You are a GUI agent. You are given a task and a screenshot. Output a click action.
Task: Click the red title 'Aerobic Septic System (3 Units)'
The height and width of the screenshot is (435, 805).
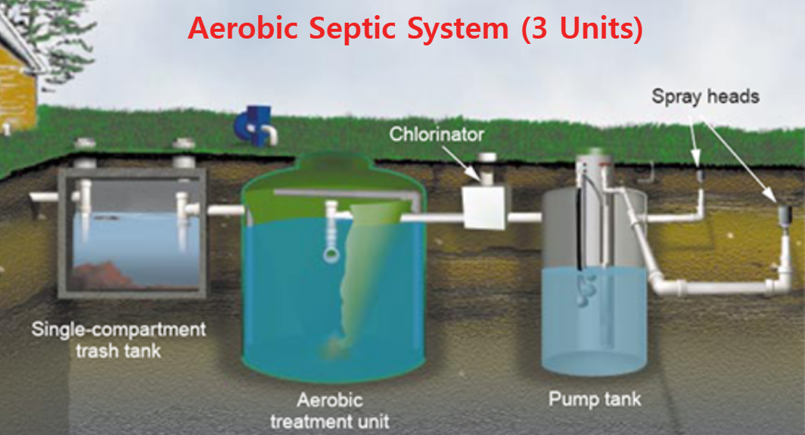click(x=415, y=29)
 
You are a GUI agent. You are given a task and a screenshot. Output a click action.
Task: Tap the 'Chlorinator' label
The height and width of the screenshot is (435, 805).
click(x=437, y=135)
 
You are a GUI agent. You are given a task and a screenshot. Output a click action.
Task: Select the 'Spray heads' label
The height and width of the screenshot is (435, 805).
click(x=705, y=97)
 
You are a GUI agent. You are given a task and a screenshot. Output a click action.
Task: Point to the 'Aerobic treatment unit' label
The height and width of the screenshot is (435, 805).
click(x=330, y=409)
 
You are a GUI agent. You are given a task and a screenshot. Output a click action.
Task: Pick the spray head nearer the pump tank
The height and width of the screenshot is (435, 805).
click(x=700, y=178)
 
